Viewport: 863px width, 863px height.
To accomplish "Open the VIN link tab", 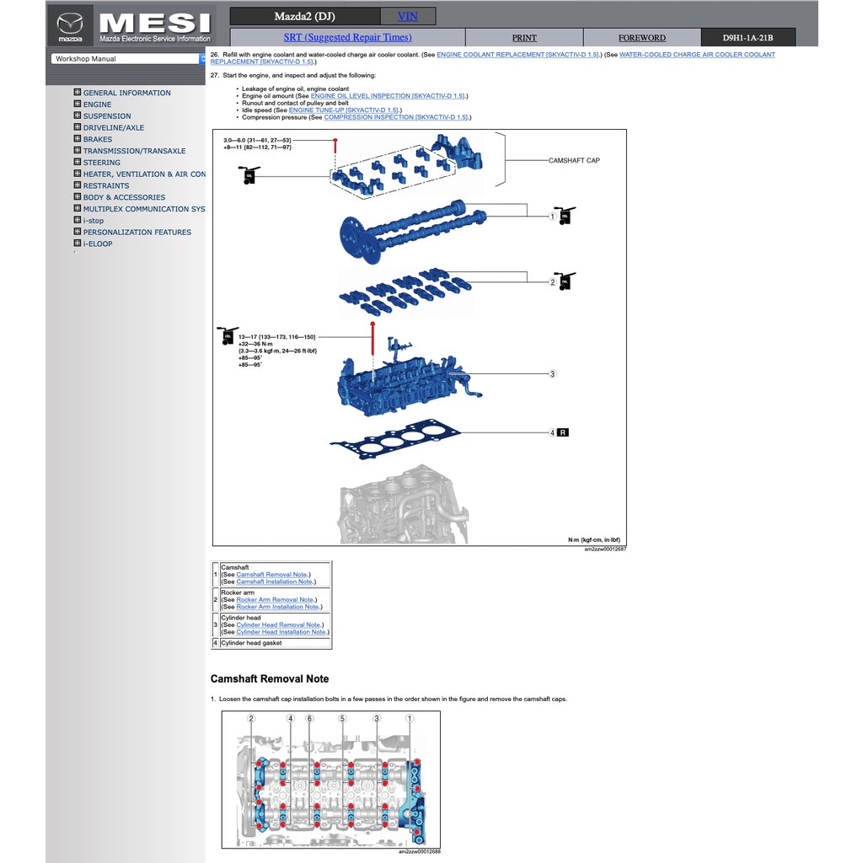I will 407,16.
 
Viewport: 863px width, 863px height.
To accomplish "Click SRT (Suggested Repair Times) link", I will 347,37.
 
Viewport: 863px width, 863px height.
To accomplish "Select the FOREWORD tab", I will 641,38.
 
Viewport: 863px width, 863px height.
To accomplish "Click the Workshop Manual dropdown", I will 128,59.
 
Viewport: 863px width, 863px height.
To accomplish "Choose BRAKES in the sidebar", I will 97,140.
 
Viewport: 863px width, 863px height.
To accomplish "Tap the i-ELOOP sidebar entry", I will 97,244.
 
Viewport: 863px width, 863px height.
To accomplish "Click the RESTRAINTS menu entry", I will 105,186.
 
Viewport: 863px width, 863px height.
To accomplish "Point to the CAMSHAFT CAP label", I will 574,160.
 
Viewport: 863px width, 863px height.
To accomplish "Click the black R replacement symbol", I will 563,432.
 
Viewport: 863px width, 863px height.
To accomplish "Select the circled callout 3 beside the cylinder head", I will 553,373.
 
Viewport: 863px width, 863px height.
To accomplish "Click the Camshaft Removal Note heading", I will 270,679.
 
